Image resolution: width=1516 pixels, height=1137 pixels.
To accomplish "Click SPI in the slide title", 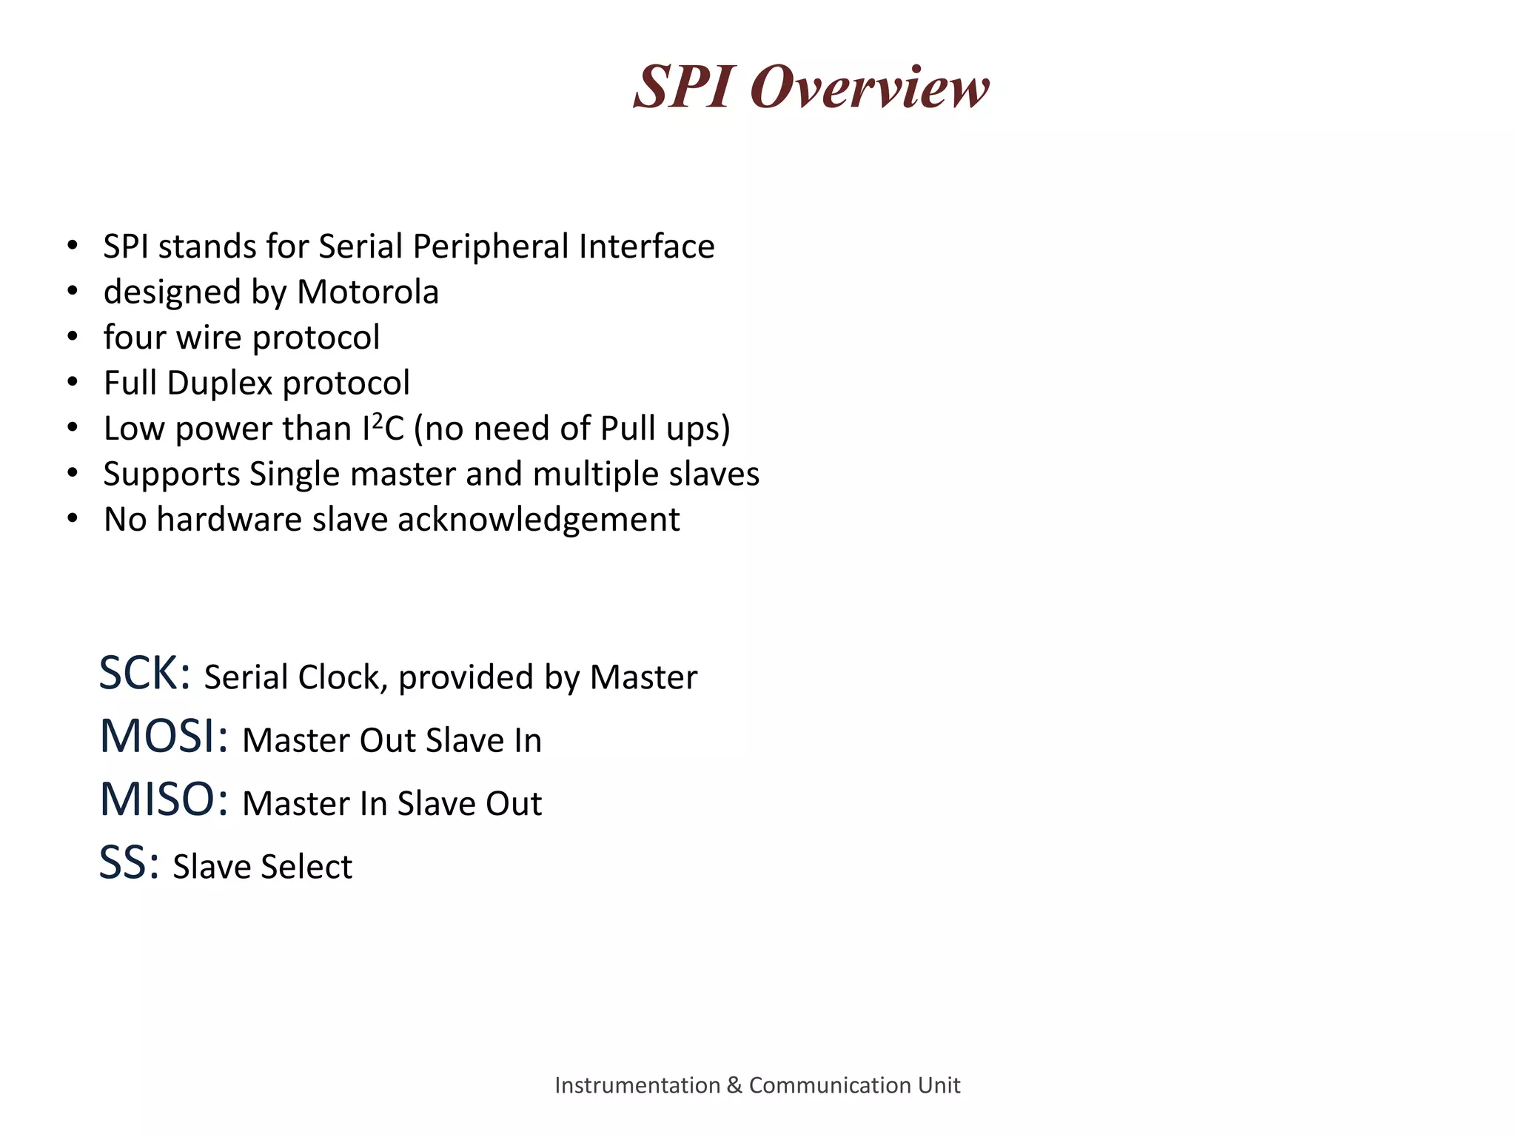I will tap(685, 87).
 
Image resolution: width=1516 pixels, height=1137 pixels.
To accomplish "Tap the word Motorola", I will tap(368, 292).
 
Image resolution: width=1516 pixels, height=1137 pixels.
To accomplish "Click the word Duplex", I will tap(220, 383).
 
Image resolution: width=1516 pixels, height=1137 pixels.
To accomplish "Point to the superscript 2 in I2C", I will tap(377, 419).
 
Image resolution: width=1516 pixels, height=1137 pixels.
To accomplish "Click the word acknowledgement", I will tap(538, 520).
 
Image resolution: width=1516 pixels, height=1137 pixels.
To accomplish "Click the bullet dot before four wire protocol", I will tap(72, 338).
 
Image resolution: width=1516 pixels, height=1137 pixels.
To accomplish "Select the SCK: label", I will tap(145, 674).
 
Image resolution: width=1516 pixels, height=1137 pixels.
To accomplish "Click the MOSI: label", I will tap(164, 737).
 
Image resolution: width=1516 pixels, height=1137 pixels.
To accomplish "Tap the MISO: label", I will tap(164, 799).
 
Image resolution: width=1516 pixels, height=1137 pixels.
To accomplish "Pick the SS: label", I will tap(129, 863).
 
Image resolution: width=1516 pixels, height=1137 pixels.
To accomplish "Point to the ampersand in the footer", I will tap(734, 1085).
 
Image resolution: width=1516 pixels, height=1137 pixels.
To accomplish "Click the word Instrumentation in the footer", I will tap(637, 1085).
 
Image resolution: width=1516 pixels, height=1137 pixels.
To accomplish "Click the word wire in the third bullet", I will tap(208, 338).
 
